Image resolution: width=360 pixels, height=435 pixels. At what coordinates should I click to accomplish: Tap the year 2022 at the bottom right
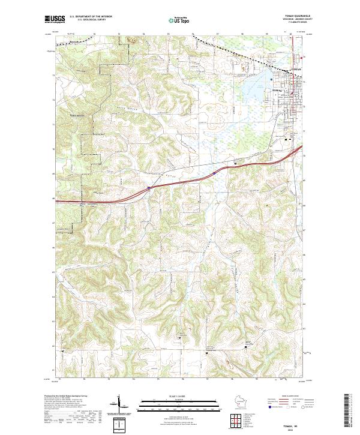291,428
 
